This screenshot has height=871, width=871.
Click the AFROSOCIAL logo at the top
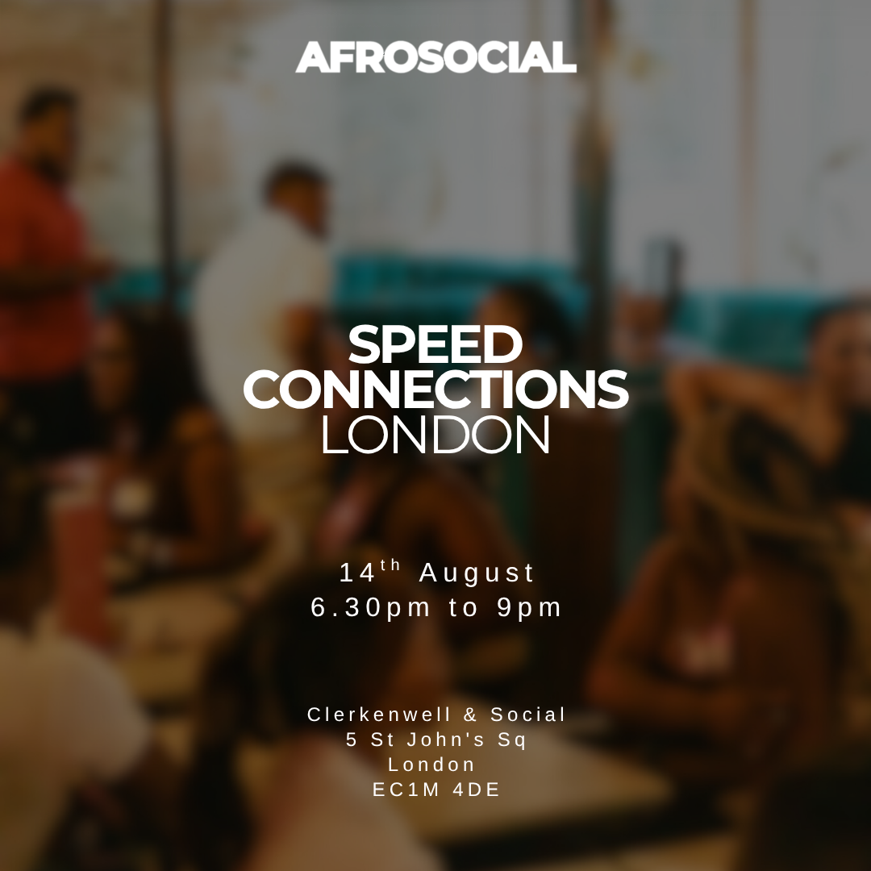435,56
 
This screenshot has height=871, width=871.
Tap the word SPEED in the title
435,344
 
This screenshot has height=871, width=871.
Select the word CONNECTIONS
435,388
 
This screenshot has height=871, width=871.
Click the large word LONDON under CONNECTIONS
435,434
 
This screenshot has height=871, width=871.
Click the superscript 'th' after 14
390,565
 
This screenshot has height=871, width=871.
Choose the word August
476,574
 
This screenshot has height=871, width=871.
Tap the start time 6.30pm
370,608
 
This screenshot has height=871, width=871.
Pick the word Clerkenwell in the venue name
380,715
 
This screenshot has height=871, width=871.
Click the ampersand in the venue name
470,715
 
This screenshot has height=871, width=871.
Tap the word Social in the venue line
527,715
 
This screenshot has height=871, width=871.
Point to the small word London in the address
431,765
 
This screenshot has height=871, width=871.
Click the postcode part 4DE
476,790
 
